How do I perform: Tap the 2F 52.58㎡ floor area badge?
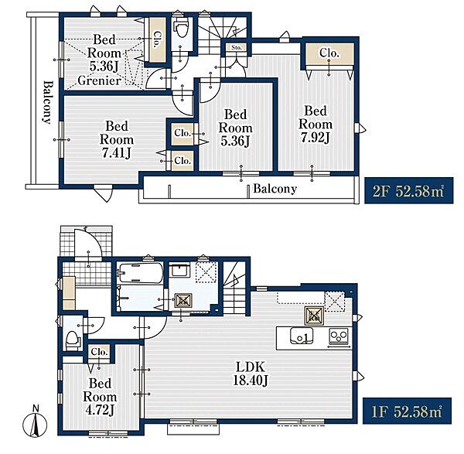pos(408,190)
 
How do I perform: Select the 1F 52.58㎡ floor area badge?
pos(407,411)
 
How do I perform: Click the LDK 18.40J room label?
pos(251,374)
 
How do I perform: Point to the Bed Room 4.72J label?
pos(100,397)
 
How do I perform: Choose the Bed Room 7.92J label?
pos(316,125)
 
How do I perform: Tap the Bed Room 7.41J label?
pos(117,139)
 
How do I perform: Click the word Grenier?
pos(100,80)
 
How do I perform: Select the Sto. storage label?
pos(237,47)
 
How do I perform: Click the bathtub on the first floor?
pos(140,273)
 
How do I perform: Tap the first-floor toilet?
pos(73,339)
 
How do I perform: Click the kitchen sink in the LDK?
pos(302,336)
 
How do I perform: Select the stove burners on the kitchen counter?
pos(339,337)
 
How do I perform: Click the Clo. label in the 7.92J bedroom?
pos(329,53)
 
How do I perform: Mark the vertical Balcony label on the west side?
pos(46,102)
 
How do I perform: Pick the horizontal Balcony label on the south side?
pos(275,189)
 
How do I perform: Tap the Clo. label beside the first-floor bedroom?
pos(99,352)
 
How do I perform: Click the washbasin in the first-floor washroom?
pos(179,270)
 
